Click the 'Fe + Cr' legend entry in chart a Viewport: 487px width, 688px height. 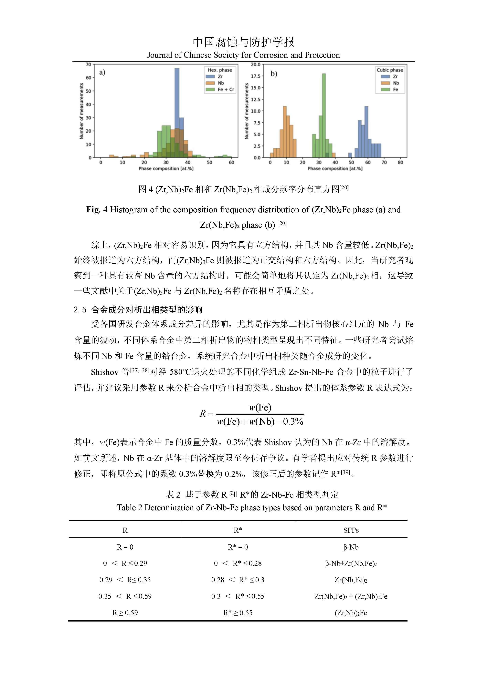(226, 89)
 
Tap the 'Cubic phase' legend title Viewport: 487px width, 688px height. (390, 70)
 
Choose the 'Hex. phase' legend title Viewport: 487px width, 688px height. (220, 70)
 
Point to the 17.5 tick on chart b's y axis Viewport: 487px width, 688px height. (256, 76)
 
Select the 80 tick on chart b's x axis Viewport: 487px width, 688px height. (400, 162)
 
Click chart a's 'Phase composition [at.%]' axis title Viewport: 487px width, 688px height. (166, 169)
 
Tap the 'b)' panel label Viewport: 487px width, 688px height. (274, 73)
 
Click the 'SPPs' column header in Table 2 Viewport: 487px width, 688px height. (351, 530)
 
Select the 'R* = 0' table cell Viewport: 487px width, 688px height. (238, 547)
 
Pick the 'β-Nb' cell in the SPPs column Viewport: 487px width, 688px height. (351, 547)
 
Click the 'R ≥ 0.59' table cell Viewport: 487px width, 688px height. (125, 613)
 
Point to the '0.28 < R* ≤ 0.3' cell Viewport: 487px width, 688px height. (238, 580)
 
